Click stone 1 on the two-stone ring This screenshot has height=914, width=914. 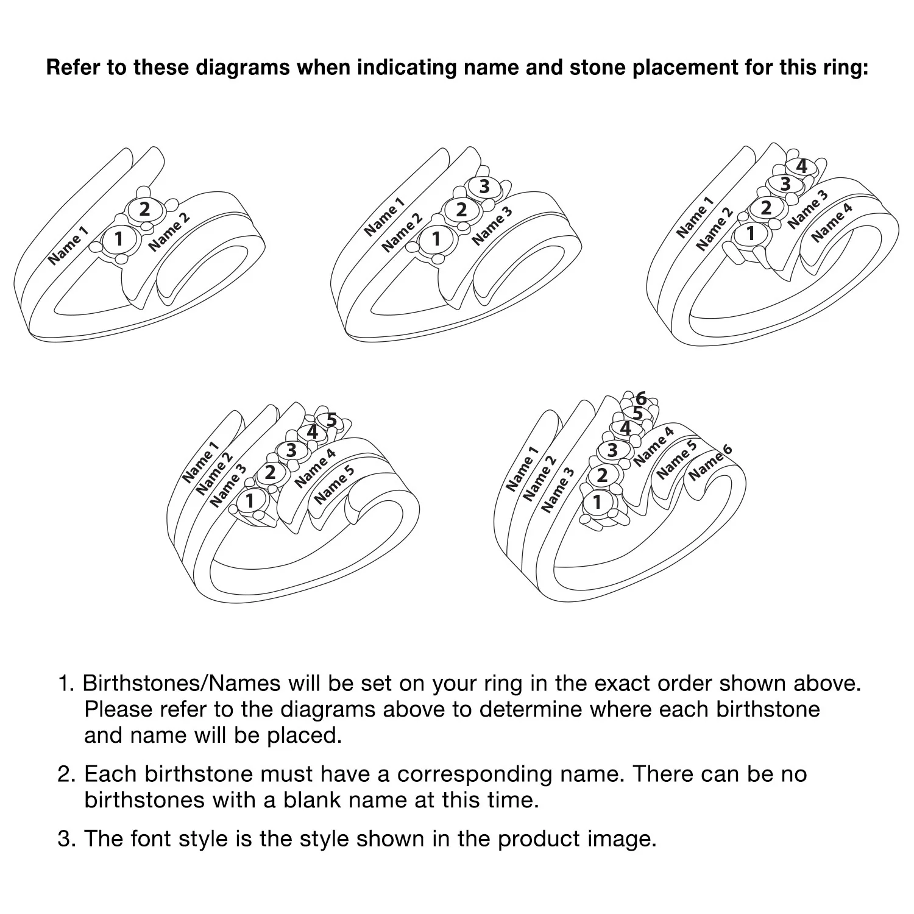(x=118, y=239)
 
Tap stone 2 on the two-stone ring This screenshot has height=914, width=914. (x=144, y=210)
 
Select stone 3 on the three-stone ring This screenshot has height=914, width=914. (x=484, y=186)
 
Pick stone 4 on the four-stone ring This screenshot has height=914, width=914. (x=802, y=166)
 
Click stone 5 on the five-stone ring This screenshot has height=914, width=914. (x=331, y=420)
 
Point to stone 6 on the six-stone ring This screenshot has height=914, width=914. (x=641, y=400)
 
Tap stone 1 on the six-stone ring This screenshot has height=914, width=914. (x=598, y=502)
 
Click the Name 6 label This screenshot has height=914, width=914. (x=710, y=463)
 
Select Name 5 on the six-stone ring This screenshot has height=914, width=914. (x=676, y=459)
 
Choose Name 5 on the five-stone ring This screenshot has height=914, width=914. (x=334, y=486)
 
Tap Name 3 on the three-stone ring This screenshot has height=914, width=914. (x=492, y=226)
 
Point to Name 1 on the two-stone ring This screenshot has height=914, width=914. (x=68, y=246)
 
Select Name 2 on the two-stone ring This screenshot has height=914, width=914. (x=169, y=232)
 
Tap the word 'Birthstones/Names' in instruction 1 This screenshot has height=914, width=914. (x=182, y=683)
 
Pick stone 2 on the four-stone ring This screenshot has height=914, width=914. (x=766, y=208)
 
